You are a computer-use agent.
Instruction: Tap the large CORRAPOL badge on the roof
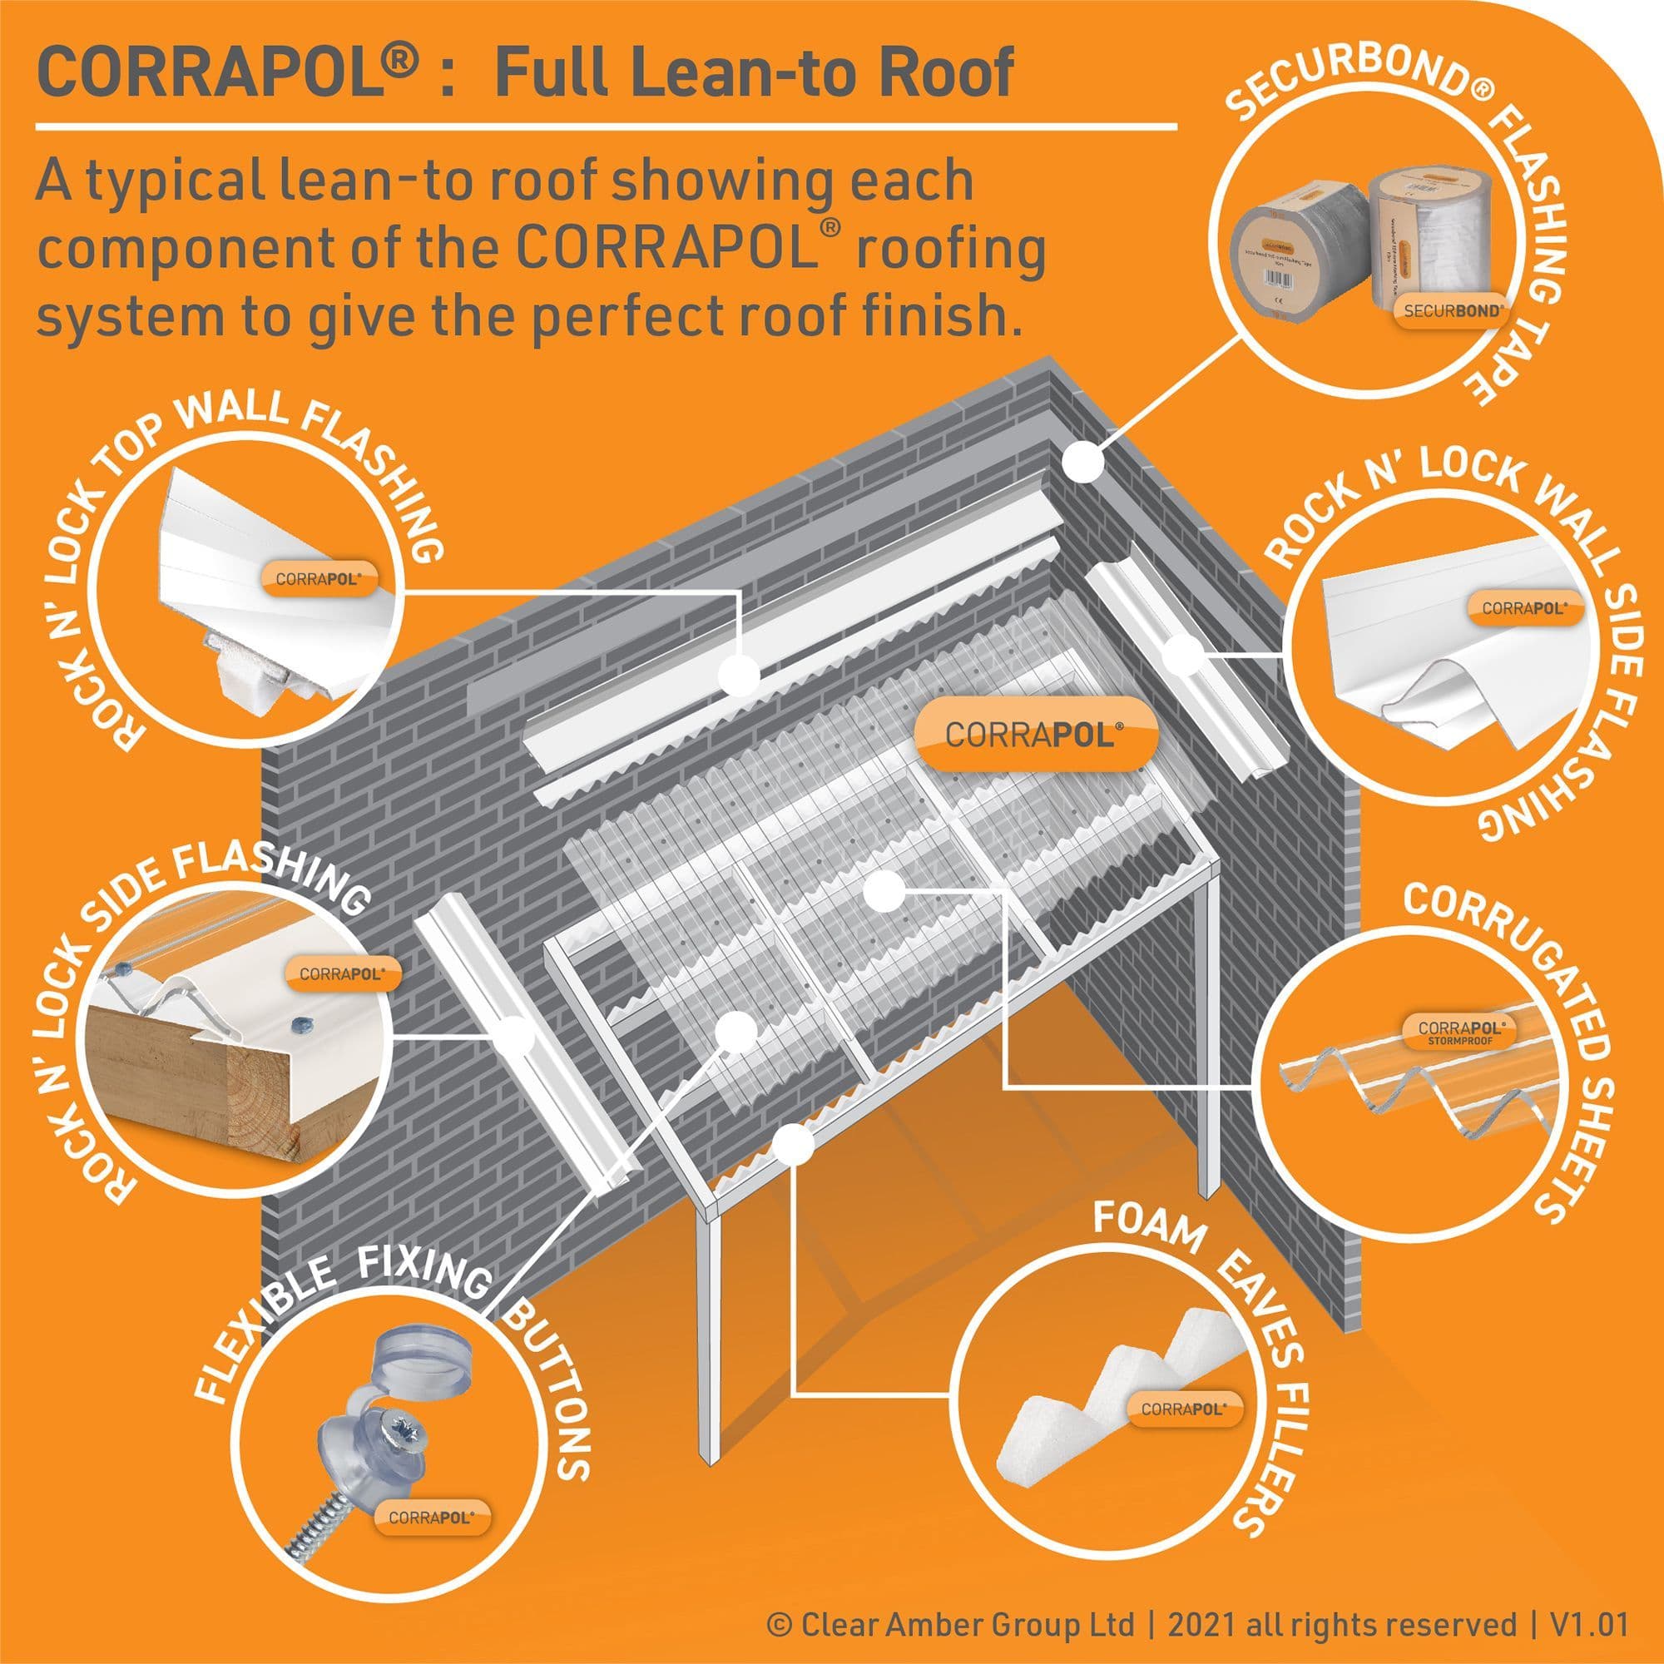pos(1033,734)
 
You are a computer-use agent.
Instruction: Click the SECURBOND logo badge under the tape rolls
pos(1452,311)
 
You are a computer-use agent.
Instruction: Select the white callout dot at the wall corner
pos(1082,463)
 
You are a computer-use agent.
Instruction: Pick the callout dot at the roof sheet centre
pos(883,891)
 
